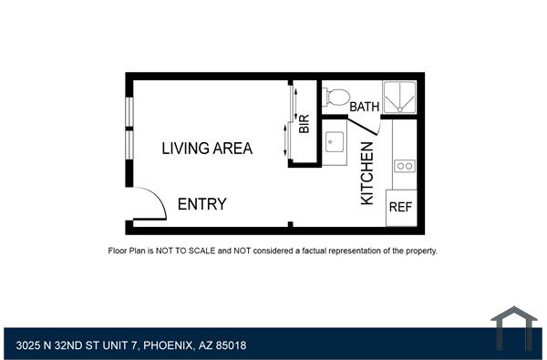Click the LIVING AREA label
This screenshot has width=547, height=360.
pos(207,148)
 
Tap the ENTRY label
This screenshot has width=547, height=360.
pos(201,204)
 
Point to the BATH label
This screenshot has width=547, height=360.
pos(365,107)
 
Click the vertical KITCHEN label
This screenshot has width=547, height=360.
pos(367,178)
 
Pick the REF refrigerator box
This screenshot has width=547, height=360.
pos(401,207)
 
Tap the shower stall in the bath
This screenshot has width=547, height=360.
pos(399,97)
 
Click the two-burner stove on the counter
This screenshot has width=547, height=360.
pos(405,166)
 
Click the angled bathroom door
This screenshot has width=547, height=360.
pos(368,128)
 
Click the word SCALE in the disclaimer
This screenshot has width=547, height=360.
pos(207,250)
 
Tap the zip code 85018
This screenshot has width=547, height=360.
pos(230,346)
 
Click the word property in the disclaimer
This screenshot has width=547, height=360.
pos(417,250)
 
